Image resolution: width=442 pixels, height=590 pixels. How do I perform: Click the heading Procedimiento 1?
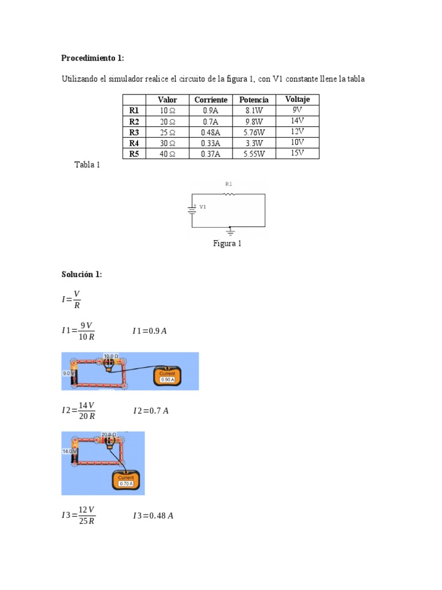click(93, 58)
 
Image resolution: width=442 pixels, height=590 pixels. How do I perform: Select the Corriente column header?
click(211, 100)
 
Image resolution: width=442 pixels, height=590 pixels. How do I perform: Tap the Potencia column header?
click(254, 100)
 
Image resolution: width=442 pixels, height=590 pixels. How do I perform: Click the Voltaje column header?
click(298, 99)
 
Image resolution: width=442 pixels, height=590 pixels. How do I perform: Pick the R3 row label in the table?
click(134, 132)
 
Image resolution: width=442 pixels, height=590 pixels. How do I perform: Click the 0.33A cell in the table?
click(211, 143)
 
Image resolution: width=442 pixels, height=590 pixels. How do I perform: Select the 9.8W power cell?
click(254, 122)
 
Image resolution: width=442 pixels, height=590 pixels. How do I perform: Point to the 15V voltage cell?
click(298, 153)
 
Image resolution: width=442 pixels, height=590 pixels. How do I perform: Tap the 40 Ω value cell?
click(167, 154)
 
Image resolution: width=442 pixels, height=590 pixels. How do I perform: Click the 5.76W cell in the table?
click(254, 132)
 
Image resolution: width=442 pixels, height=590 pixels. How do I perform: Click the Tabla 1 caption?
click(87, 165)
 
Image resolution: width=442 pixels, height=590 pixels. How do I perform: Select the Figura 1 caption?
click(227, 243)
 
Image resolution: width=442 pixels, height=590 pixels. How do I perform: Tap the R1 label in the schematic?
click(228, 184)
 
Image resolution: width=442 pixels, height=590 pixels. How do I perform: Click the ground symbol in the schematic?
click(230, 232)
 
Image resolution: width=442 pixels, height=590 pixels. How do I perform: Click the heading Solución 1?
click(82, 274)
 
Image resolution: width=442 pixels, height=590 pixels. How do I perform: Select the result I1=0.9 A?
click(149, 331)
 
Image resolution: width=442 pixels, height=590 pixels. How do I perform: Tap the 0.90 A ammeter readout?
click(167, 380)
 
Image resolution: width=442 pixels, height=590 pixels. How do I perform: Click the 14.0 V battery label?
click(68, 451)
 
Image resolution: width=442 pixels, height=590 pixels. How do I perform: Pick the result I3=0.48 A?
click(153, 515)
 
